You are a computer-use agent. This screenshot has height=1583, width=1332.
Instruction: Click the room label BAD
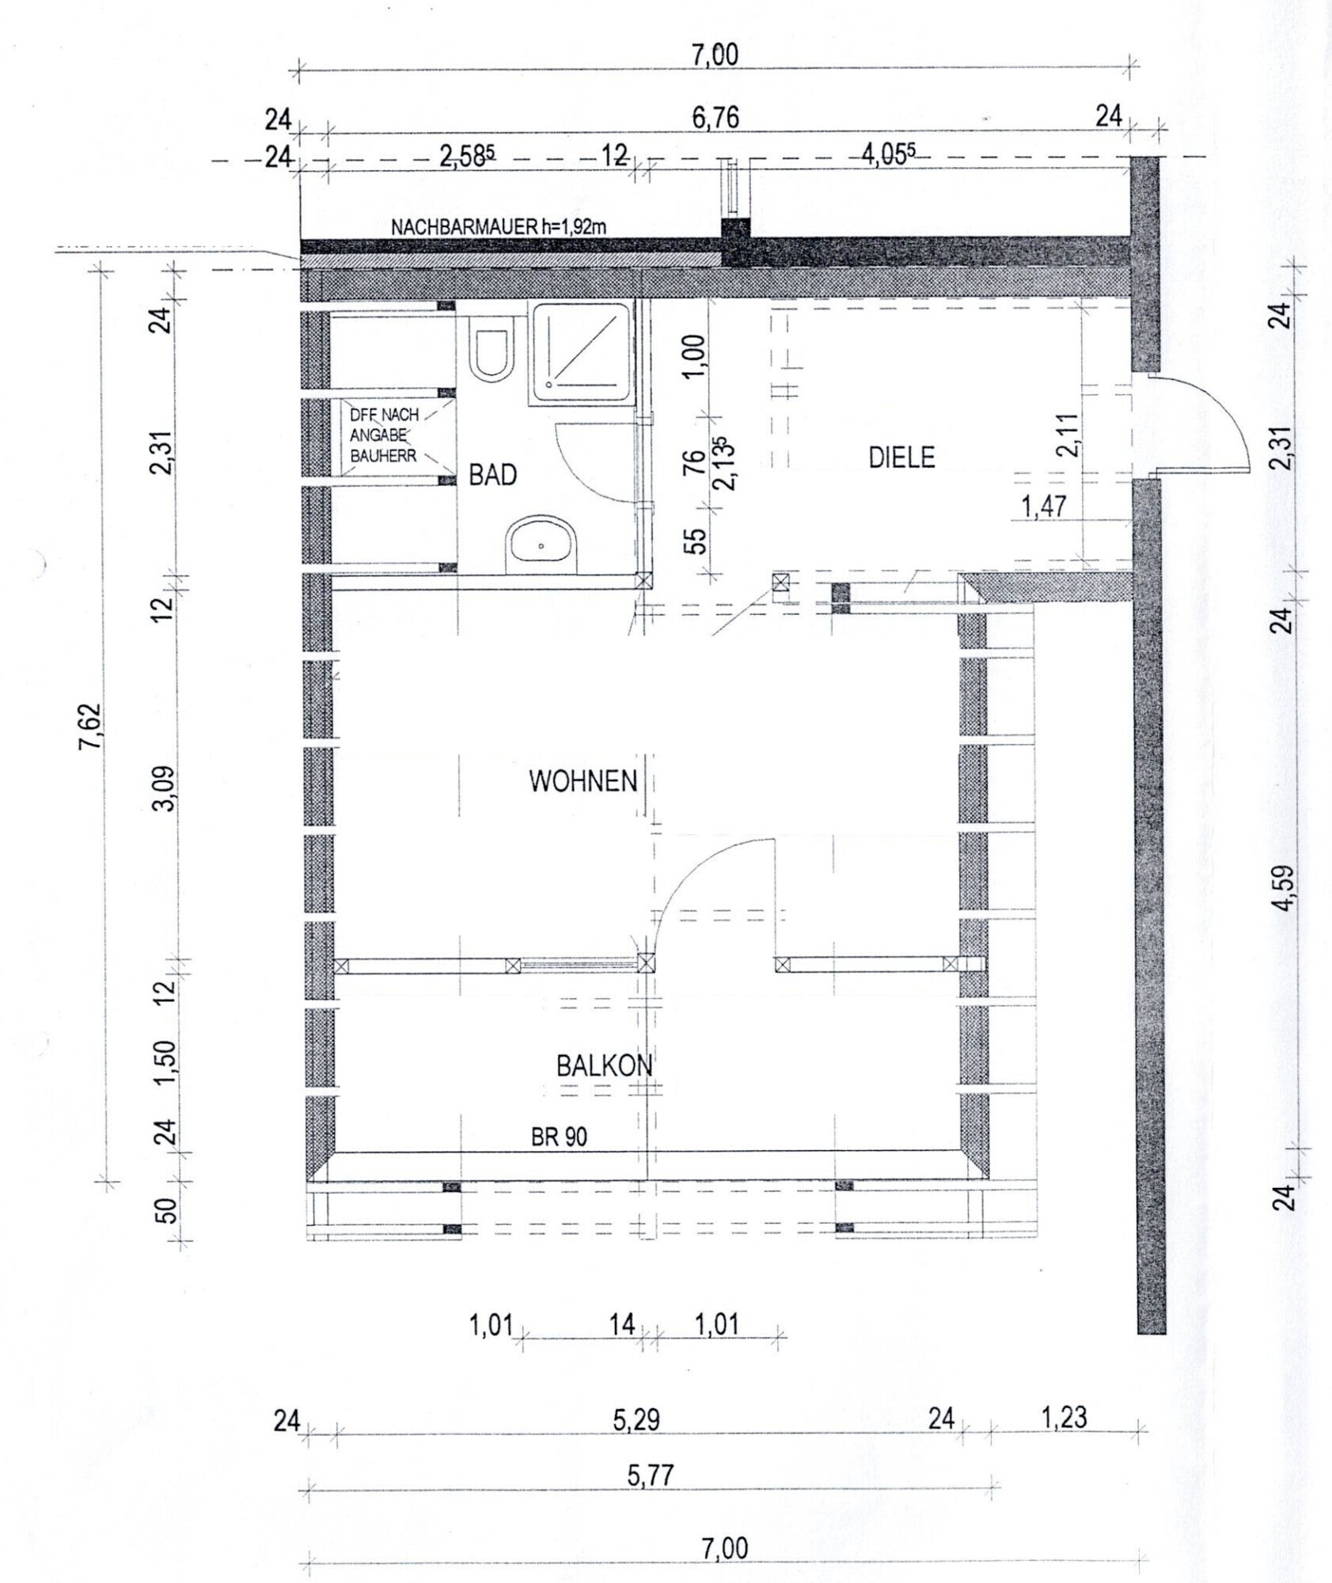492,475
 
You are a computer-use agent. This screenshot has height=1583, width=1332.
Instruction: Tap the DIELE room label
901,457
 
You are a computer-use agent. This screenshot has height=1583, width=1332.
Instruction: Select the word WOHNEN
583,781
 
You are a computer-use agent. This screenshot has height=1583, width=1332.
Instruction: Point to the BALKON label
605,1065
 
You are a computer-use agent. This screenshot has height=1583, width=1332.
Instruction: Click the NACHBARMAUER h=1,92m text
499,226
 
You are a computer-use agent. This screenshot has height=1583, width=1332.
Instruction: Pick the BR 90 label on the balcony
559,1137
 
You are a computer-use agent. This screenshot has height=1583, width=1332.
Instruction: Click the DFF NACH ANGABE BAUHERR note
385,435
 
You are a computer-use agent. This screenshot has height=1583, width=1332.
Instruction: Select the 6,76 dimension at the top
715,118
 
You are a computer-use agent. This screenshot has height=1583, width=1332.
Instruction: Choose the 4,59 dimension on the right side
1285,888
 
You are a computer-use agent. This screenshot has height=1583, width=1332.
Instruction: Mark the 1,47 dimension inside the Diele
1044,507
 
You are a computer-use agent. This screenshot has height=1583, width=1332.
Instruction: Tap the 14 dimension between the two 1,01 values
622,1323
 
